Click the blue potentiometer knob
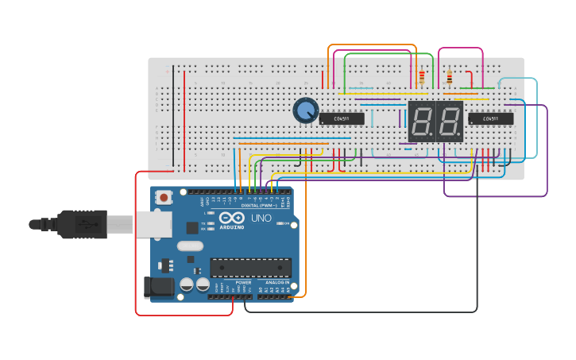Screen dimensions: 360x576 click(305, 110)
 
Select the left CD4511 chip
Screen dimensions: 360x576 click(342, 119)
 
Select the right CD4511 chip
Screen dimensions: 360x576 click(490, 119)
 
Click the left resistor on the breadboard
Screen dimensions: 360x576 click(421, 77)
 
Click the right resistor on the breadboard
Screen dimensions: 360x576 click(450, 77)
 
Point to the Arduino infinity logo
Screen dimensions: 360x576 click(233, 218)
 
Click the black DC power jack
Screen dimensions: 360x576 click(158, 287)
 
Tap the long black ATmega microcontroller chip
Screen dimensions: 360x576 click(250, 268)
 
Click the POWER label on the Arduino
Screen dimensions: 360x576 click(243, 282)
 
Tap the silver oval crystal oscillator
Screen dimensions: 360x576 click(191, 246)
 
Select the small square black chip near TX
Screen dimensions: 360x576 click(192, 227)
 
